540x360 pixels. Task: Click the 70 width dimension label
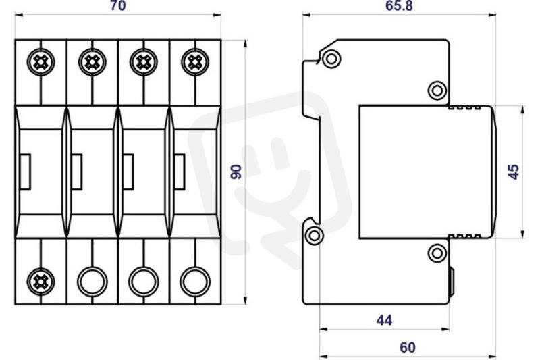(x=117, y=6)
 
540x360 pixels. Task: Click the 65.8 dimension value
(x=399, y=6)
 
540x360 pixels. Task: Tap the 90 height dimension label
(x=236, y=172)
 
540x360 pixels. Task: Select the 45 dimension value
(x=513, y=172)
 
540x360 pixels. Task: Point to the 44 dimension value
(x=384, y=320)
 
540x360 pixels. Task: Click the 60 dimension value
(x=408, y=348)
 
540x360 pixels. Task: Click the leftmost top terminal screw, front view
(x=40, y=62)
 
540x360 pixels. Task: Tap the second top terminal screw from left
(x=92, y=62)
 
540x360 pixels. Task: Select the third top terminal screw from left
(x=144, y=62)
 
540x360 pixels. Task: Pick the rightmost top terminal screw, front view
(x=195, y=62)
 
